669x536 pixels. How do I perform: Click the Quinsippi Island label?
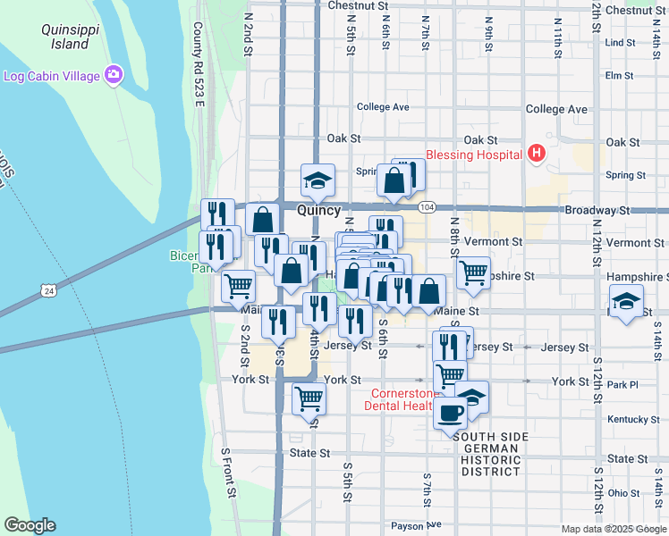(65, 37)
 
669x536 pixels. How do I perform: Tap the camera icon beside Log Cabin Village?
(114, 75)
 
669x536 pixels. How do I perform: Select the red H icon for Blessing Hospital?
(536, 155)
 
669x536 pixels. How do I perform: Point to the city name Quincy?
(318, 210)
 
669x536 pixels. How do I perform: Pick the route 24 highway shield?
(48, 290)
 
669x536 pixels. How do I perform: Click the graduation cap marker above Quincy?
(317, 182)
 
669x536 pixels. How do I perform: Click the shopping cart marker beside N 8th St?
(473, 272)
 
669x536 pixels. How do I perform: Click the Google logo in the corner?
(30, 525)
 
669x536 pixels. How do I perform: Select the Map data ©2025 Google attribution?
(614, 529)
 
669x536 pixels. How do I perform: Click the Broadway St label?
(597, 211)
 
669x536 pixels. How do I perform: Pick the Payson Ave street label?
(416, 525)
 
